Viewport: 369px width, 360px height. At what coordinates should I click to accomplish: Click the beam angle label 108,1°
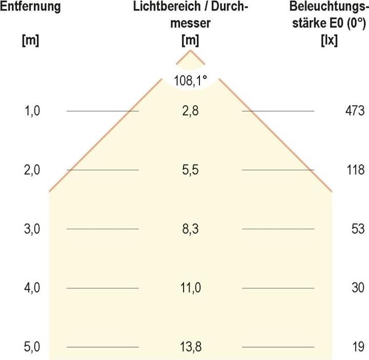coord(190,81)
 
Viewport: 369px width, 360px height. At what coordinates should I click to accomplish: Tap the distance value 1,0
coord(31,111)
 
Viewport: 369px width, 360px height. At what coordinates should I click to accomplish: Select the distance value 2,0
coord(31,170)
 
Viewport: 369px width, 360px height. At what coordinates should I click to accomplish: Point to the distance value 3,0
coord(31,229)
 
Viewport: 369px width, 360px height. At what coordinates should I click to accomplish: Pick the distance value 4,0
coord(31,288)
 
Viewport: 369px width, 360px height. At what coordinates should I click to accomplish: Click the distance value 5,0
coord(31,347)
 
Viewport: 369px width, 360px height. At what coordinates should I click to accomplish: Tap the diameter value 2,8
coord(190,111)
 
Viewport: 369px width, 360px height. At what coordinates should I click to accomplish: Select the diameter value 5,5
coord(190,170)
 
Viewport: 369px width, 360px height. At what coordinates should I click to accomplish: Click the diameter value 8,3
coord(190,229)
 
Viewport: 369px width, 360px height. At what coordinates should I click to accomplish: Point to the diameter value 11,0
coord(190,288)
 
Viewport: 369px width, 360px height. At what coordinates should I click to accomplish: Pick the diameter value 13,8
coord(190,347)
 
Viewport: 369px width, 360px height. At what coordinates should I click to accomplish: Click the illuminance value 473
coord(355,111)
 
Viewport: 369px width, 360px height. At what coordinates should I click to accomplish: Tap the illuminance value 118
coord(355,170)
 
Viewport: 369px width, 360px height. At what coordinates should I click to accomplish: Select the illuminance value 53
coord(357,229)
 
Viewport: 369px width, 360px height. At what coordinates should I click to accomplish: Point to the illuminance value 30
coord(357,288)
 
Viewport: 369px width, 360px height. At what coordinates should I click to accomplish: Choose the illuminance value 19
coord(357,347)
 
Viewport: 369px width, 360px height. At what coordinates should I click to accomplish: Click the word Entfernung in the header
coord(30,7)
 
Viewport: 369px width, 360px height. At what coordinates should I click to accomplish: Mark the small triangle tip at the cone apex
coord(191,57)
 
